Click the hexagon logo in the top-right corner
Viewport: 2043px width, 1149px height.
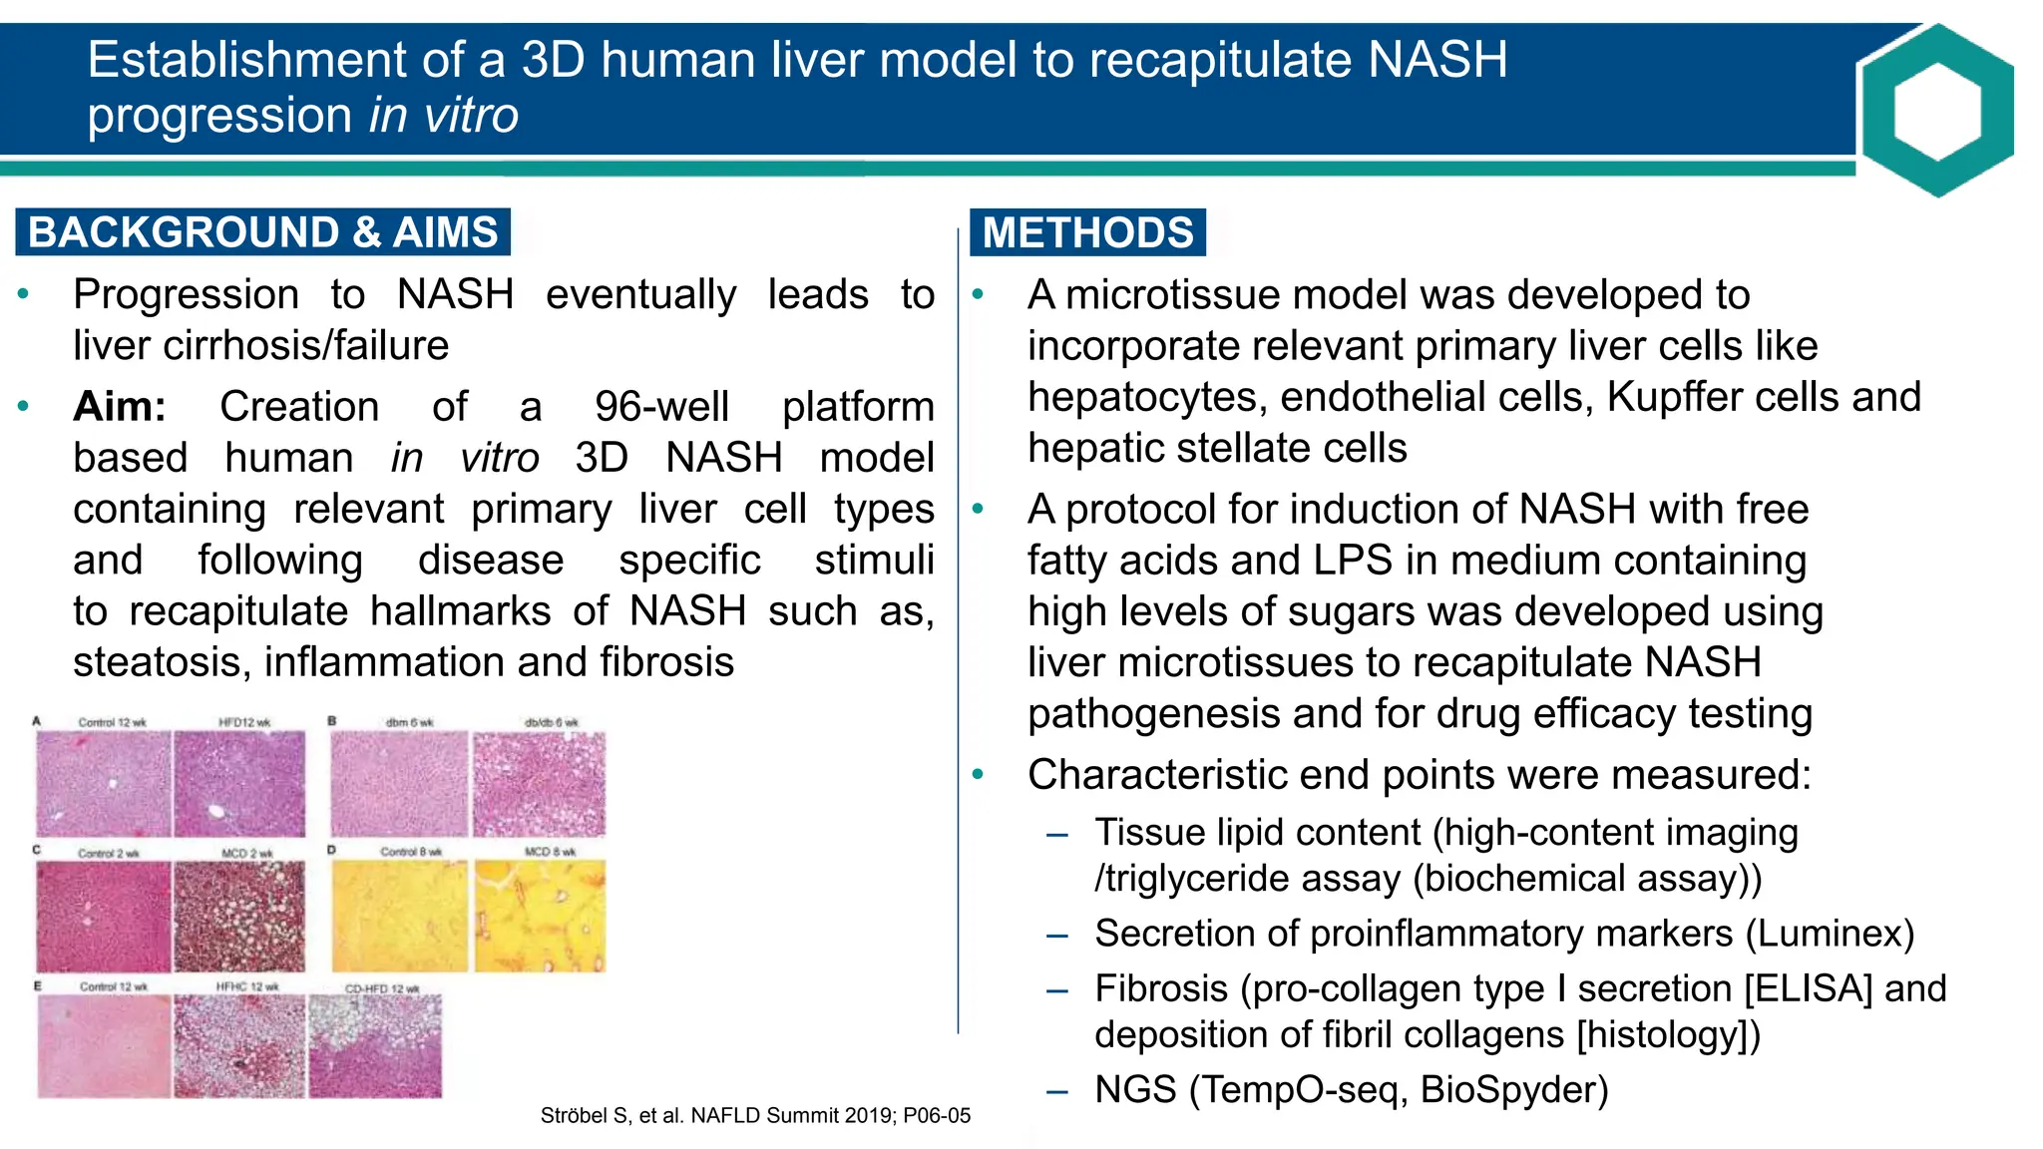(1936, 110)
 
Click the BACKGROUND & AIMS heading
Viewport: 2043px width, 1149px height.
(262, 232)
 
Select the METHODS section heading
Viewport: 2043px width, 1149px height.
(1087, 232)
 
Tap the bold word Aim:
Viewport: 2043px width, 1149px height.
(120, 407)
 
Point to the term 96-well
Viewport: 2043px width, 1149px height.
(661, 407)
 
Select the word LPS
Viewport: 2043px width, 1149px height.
(1352, 561)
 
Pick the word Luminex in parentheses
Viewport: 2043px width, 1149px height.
(1830, 934)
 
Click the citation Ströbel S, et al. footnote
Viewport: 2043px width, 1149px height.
(755, 1116)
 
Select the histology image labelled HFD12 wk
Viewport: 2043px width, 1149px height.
(239, 784)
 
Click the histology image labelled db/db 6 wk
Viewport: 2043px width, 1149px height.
(539, 784)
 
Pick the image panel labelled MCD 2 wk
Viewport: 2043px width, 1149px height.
(239, 917)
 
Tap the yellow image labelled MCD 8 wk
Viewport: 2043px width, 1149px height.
(539, 917)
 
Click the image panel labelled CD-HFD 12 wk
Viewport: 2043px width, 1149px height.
(375, 1046)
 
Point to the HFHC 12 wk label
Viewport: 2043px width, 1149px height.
(247, 986)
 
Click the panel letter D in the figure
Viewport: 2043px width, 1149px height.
(332, 851)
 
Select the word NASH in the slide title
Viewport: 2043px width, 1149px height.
(1436, 60)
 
